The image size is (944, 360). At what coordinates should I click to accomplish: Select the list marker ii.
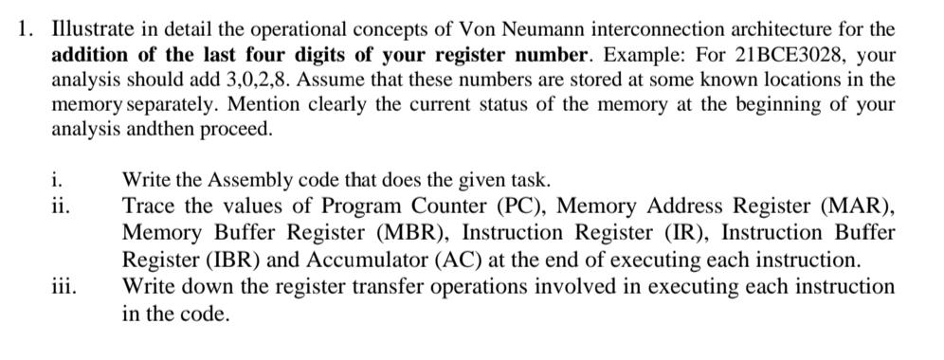point(62,206)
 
